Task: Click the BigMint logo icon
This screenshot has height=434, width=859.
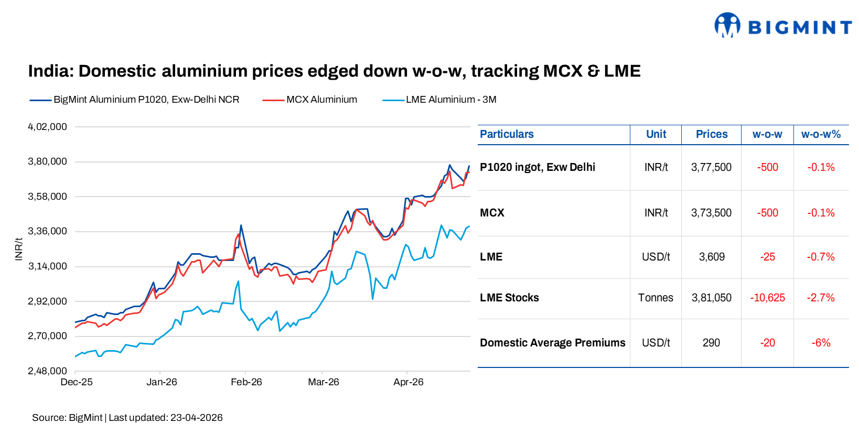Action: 727,25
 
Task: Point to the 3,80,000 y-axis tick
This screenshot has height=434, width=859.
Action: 47,161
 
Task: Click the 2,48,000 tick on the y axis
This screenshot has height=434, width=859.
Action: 47,371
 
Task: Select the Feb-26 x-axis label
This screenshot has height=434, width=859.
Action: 246,382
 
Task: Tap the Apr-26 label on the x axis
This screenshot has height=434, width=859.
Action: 408,382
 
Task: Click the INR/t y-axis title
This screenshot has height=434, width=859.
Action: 19,249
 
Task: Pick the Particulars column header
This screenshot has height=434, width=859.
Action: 507,134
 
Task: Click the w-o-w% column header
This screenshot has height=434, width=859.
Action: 821,134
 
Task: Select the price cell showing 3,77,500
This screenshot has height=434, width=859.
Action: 711,167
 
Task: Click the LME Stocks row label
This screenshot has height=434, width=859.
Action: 509,298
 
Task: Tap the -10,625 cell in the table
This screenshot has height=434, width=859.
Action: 767,298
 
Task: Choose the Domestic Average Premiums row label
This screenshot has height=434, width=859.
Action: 552,343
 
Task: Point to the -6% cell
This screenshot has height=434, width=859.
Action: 821,343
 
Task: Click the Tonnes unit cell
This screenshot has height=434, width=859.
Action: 656,298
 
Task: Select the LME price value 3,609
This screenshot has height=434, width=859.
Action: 712,257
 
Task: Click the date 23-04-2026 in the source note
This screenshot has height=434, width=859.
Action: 196,418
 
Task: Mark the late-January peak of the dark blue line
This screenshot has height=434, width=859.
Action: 241,225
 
